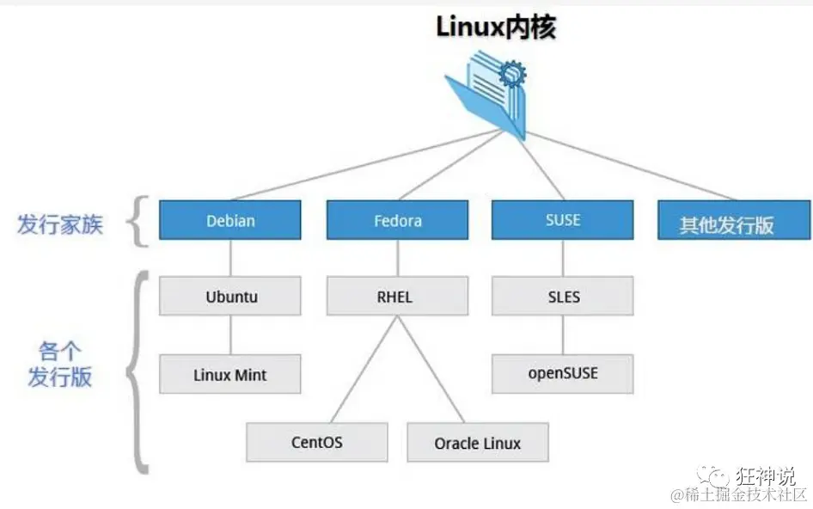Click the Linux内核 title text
[496, 27]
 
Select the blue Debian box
[230, 220]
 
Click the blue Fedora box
[397, 220]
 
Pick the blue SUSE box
[562, 220]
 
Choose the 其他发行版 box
[727, 224]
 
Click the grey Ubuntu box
[230, 297]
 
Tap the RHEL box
[397, 297]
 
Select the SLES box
[562, 297]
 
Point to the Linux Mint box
[230, 374]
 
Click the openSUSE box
[562, 373]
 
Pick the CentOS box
[316, 442]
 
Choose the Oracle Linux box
[477, 443]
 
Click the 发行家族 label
[60, 224]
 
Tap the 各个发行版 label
[60, 364]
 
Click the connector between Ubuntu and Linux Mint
[230, 334]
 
